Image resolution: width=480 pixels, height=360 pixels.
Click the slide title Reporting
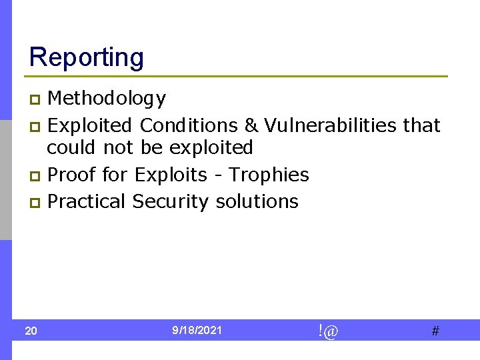pyautogui.click(x=86, y=57)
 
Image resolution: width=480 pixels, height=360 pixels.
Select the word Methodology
pyautogui.click(x=107, y=99)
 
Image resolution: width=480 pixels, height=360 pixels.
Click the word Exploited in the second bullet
pyautogui.click(x=91, y=125)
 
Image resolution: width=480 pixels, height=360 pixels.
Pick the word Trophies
pyautogui.click(x=269, y=175)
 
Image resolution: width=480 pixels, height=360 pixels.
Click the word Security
pyautogui.click(x=171, y=201)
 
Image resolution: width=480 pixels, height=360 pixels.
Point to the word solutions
pyautogui.click(x=257, y=201)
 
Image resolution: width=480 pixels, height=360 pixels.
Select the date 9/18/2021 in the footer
pyautogui.click(x=197, y=331)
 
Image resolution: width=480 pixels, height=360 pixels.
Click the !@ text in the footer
pyautogui.click(x=327, y=331)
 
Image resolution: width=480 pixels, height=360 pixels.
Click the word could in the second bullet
pyautogui.click(x=72, y=147)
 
